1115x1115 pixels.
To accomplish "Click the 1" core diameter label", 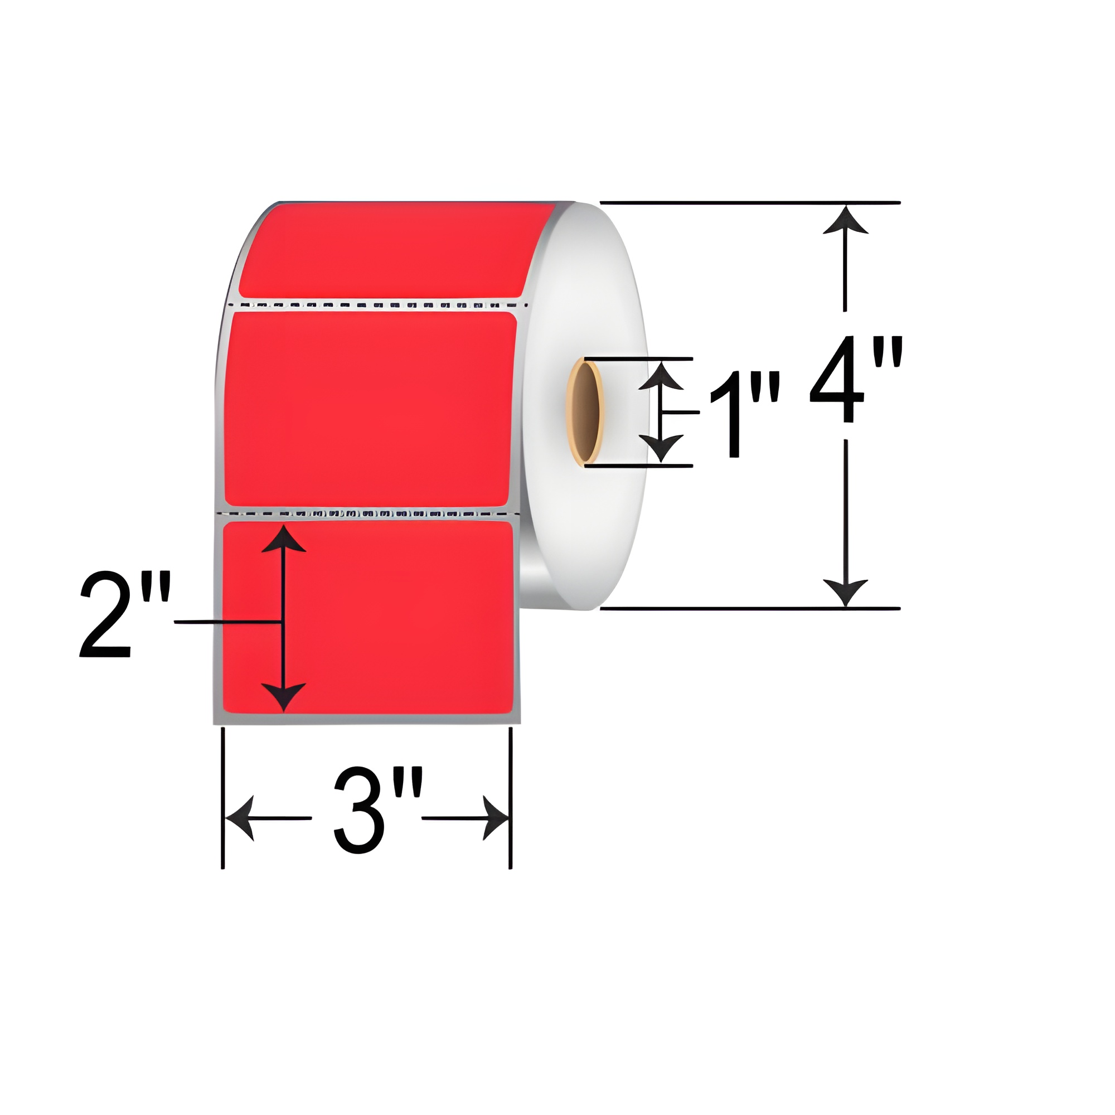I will click(x=744, y=413).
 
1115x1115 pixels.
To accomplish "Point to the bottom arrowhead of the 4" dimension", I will click(x=846, y=592).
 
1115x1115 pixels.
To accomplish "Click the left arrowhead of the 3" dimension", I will click(x=240, y=818).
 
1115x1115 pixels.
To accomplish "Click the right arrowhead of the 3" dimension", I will click(x=495, y=818).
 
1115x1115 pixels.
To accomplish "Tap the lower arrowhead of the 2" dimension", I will click(x=283, y=696).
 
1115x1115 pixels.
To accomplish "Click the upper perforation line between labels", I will click(x=378, y=304).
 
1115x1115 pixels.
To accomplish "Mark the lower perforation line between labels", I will click(x=370, y=512).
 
